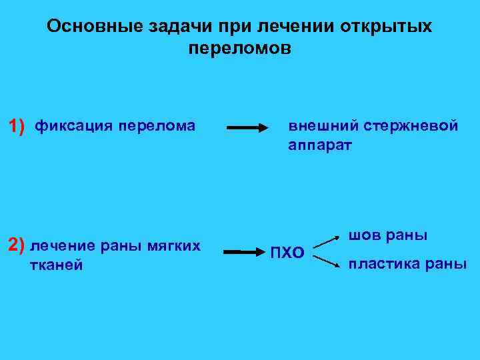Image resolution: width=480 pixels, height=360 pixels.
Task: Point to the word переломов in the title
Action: [240, 49]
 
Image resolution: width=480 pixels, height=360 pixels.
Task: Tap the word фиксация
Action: [73, 126]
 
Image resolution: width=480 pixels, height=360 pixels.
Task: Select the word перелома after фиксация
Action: [157, 126]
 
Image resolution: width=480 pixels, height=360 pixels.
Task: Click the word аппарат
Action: [319, 145]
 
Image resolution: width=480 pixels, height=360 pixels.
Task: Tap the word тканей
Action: [57, 265]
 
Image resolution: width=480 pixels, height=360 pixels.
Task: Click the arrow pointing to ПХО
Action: [244, 252]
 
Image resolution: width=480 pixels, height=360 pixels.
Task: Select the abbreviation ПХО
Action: [287, 253]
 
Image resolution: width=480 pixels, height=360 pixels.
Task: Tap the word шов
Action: [363, 236]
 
